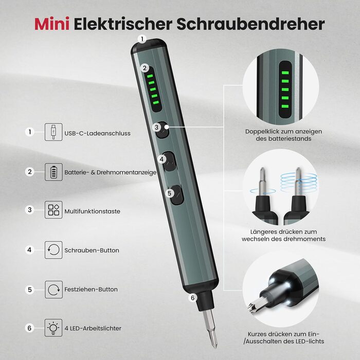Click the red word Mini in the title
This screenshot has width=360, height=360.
point(52,24)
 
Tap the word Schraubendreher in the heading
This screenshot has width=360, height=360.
point(250,24)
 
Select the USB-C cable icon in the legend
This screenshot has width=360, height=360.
point(53,132)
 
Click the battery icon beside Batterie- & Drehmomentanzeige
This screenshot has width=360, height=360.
point(53,172)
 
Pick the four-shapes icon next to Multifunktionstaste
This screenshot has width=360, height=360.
point(53,210)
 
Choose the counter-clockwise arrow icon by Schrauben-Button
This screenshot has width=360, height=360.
point(53,250)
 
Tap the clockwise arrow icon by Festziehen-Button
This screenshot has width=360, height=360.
point(53,290)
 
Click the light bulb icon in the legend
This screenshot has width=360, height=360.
point(53,328)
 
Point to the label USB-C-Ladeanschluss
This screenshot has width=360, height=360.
point(97,133)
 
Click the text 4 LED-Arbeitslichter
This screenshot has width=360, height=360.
point(93,328)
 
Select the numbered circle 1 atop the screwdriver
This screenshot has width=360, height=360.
point(142,39)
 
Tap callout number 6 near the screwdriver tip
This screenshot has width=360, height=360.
point(193,298)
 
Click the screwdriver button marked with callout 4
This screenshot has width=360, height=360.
point(169,161)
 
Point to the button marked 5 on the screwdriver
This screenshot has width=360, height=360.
point(177,195)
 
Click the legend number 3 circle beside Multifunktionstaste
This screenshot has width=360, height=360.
point(30,210)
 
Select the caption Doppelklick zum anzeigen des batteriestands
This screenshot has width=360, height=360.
point(283,135)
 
